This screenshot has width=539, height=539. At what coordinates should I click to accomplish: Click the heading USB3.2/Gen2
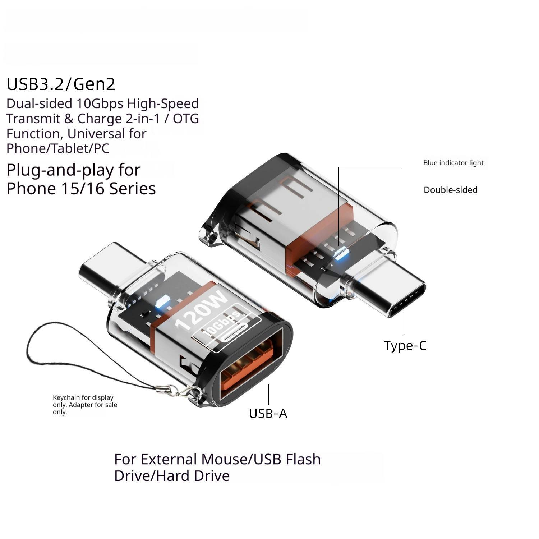(x=61, y=84)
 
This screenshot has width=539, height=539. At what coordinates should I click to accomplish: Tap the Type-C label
(x=405, y=346)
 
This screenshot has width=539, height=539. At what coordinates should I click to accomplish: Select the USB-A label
(x=268, y=414)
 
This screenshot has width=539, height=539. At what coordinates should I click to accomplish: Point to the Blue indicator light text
(x=453, y=163)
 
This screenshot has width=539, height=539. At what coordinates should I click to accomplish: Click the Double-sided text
(x=451, y=190)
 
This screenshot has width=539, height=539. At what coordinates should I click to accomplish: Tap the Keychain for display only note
(x=85, y=405)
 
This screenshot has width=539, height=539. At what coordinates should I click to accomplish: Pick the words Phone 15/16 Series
(x=81, y=189)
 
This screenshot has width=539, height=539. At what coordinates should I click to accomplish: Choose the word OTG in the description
(x=186, y=119)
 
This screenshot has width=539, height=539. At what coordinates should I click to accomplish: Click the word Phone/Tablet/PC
(x=58, y=148)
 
